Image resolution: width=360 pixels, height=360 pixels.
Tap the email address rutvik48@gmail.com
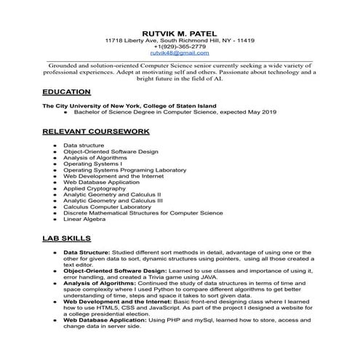coord(179,53)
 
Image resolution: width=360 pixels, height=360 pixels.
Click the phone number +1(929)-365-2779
coord(179,46)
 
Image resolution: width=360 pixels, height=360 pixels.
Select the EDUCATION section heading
coord(66,92)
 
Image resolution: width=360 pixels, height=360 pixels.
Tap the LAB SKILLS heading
coord(66,238)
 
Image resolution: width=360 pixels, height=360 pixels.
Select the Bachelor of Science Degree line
coord(170,113)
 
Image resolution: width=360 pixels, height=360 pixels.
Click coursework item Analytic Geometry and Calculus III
coord(113,200)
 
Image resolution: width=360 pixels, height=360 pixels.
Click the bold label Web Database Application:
coord(109,320)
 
